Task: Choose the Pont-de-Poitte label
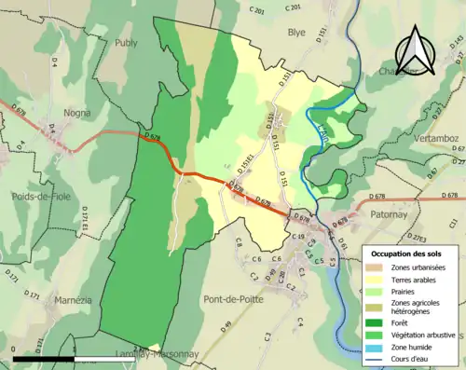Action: point(231,299)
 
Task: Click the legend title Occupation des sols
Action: point(406,254)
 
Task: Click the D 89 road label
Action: point(226,325)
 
